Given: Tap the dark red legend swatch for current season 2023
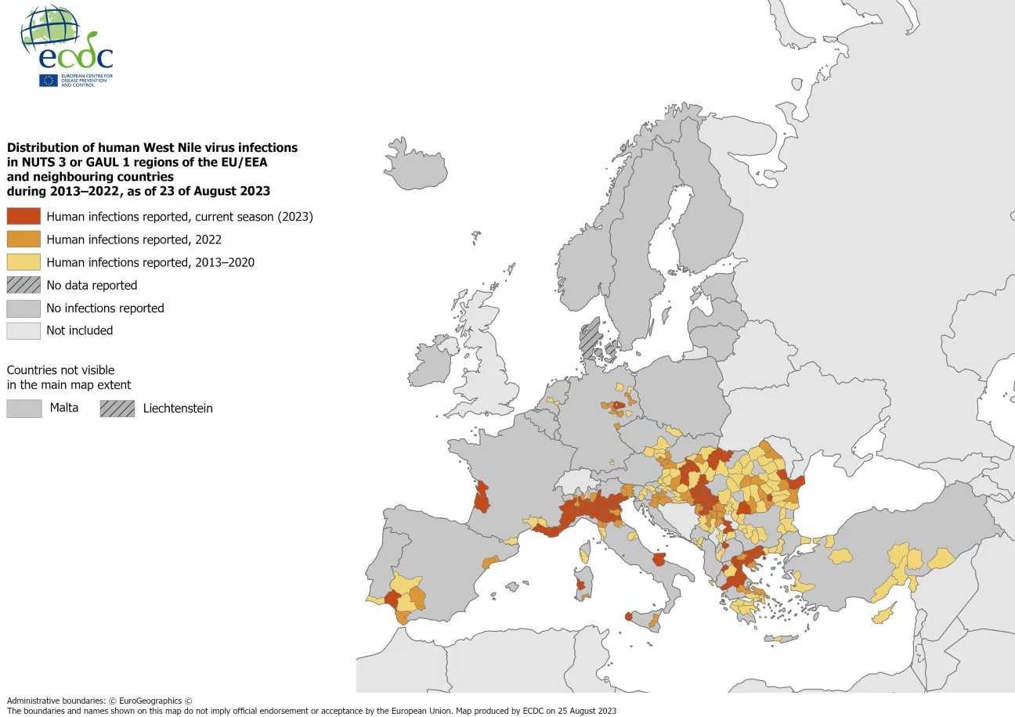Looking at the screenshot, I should [x=23, y=217].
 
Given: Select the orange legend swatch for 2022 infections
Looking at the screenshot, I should [x=23, y=240].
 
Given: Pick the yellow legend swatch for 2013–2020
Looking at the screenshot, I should [x=23, y=262].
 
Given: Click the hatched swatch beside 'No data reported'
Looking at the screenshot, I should [x=23, y=285].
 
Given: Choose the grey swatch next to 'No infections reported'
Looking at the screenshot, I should [x=23, y=308].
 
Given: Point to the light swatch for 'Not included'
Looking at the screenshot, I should [x=23, y=330].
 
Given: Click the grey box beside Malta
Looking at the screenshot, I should [x=23, y=408].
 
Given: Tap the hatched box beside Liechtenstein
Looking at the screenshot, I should [x=117, y=408].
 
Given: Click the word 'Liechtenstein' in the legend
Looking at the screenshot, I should [x=178, y=408].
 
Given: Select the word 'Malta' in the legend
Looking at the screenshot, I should [x=63, y=408].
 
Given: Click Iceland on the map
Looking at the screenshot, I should [x=417, y=164].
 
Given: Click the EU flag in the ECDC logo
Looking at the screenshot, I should [x=48, y=80].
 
